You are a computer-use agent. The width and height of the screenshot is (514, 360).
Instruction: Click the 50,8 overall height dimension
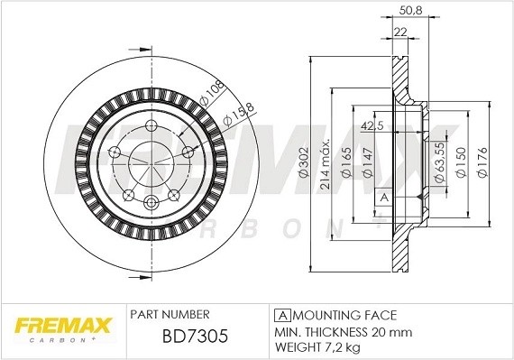pos(410,12)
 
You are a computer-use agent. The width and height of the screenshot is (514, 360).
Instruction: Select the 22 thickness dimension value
pos(399,32)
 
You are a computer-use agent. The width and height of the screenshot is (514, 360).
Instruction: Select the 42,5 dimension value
pos(370,125)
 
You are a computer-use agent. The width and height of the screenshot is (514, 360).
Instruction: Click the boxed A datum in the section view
pos(382,197)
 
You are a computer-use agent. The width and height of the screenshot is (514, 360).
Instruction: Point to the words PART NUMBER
pos(170,315)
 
